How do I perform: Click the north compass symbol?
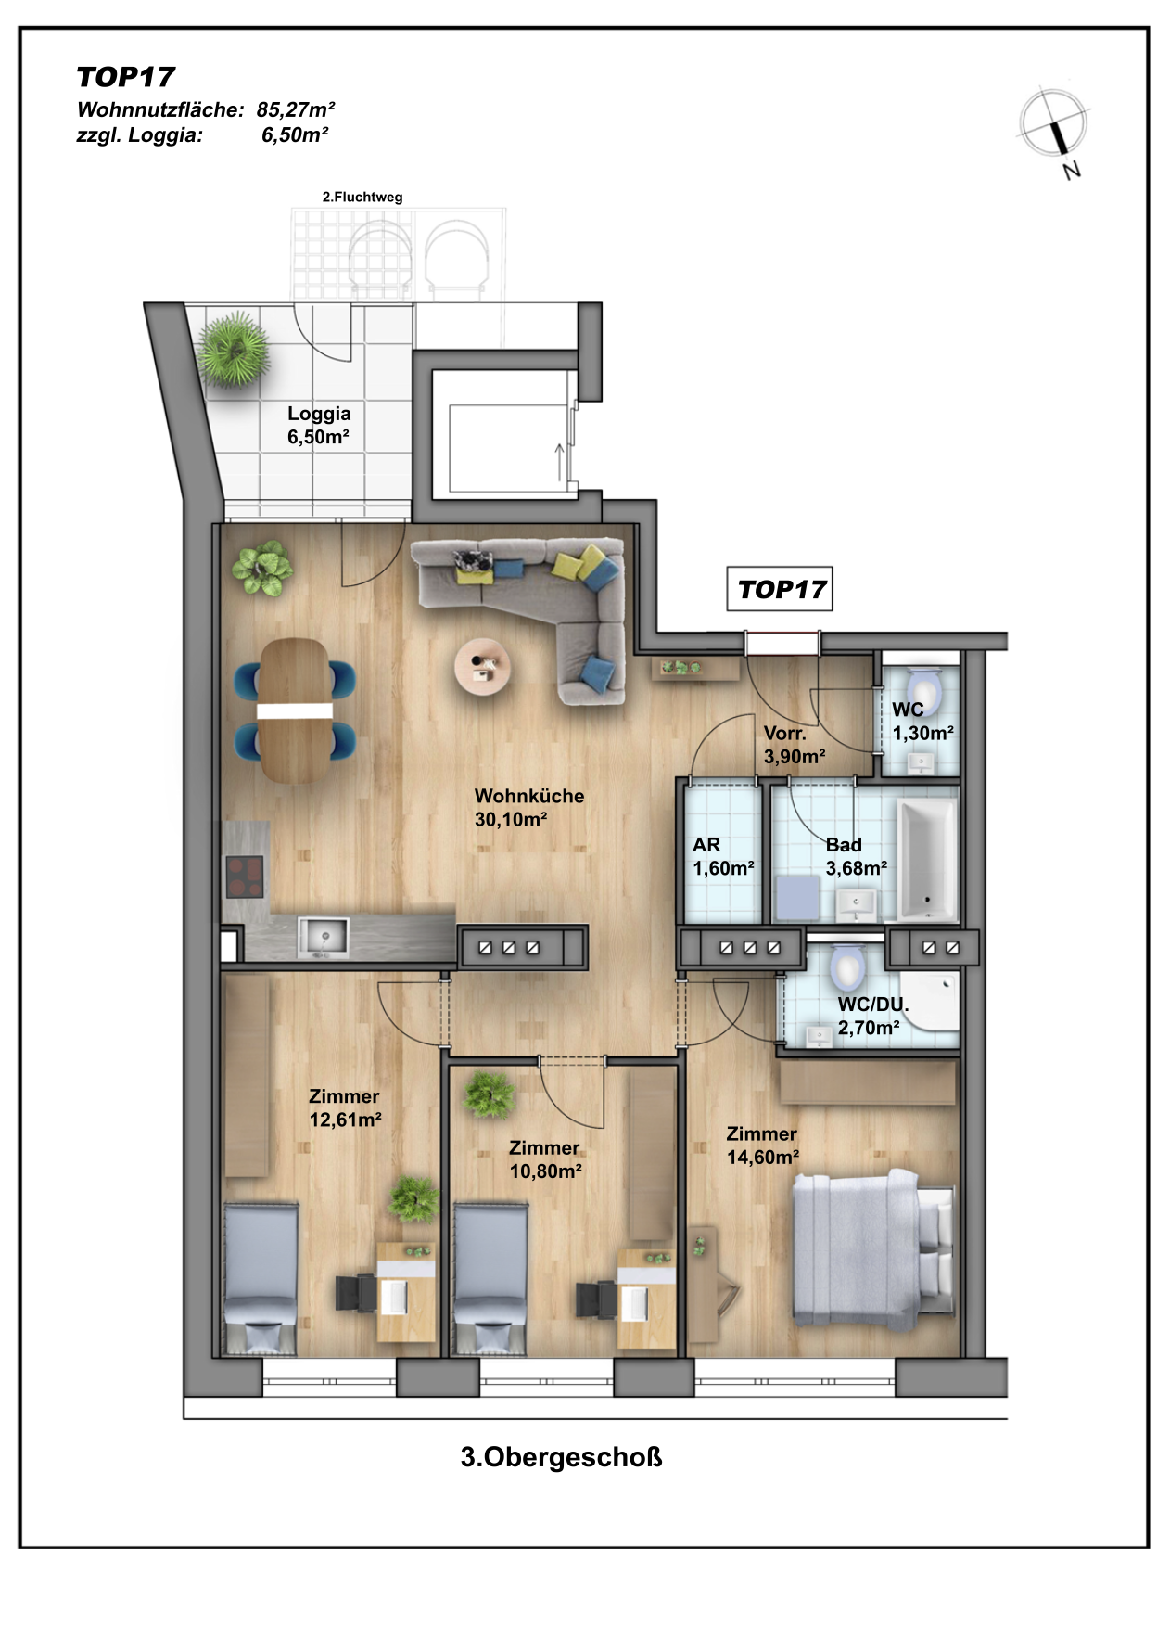[x=1054, y=126]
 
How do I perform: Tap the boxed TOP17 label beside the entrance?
[x=780, y=589]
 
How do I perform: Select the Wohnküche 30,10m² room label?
[x=529, y=807]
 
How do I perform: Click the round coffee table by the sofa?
[x=482, y=665]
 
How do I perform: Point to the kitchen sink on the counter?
[x=323, y=937]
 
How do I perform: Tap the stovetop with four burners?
[x=245, y=877]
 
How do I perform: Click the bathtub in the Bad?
[x=926, y=860]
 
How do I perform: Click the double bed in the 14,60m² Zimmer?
[x=872, y=1248]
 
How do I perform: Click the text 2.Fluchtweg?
[x=362, y=197]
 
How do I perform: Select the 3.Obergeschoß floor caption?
[x=561, y=1456]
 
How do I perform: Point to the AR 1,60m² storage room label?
[x=723, y=856]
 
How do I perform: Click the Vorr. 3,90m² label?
[x=795, y=745]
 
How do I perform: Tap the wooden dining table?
[x=295, y=710]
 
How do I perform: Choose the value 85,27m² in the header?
[x=296, y=109]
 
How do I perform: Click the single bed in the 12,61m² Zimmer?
[x=261, y=1279]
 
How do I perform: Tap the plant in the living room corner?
[x=262, y=567]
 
